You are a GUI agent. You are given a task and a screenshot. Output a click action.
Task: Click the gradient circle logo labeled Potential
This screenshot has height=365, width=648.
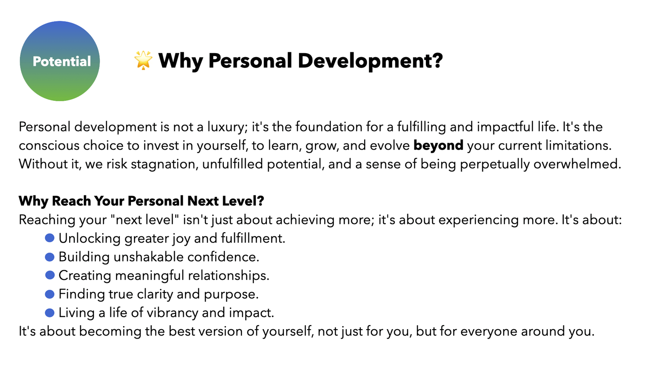click(x=60, y=61)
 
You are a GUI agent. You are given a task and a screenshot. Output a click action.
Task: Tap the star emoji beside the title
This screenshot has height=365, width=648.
click(x=143, y=60)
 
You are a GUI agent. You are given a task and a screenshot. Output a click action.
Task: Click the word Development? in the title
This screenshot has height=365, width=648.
click(x=370, y=61)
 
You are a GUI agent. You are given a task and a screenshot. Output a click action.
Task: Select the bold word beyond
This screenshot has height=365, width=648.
click(x=438, y=145)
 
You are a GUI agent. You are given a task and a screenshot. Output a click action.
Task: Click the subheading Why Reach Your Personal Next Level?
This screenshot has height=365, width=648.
click(x=141, y=201)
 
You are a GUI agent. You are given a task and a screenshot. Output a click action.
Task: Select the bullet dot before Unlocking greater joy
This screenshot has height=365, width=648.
click(x=50, y=238)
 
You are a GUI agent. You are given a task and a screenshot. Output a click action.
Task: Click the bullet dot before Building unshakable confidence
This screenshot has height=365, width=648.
click(x=50, y=257)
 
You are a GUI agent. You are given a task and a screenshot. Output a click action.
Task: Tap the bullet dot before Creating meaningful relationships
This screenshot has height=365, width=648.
click(x=50, y=275)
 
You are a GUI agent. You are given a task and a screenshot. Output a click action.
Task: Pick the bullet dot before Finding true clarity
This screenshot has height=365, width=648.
click(x=50, y=294)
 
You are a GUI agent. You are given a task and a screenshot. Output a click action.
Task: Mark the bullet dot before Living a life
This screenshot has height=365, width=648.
click(x=50, y=313)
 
